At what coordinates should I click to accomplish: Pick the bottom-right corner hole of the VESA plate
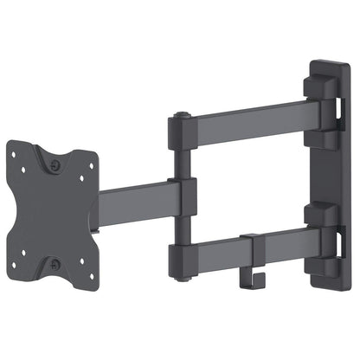tap(84, 261)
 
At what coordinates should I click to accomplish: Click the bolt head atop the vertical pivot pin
tap(179, 115)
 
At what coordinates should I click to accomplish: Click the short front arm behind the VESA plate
tap(130, 202)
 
